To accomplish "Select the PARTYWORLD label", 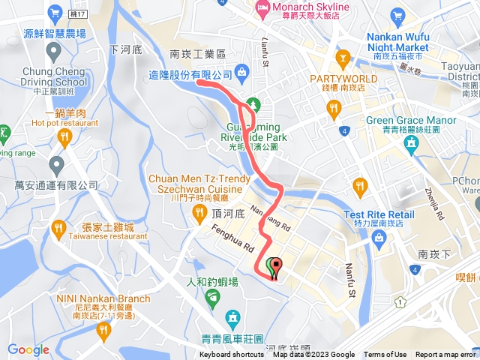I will [345, 78].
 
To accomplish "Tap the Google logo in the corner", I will [28, 349].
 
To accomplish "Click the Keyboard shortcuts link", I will [232, 355].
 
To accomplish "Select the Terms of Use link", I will [385, 355].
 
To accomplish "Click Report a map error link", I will [445, 355].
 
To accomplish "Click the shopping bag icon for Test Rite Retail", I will [379, 238].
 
